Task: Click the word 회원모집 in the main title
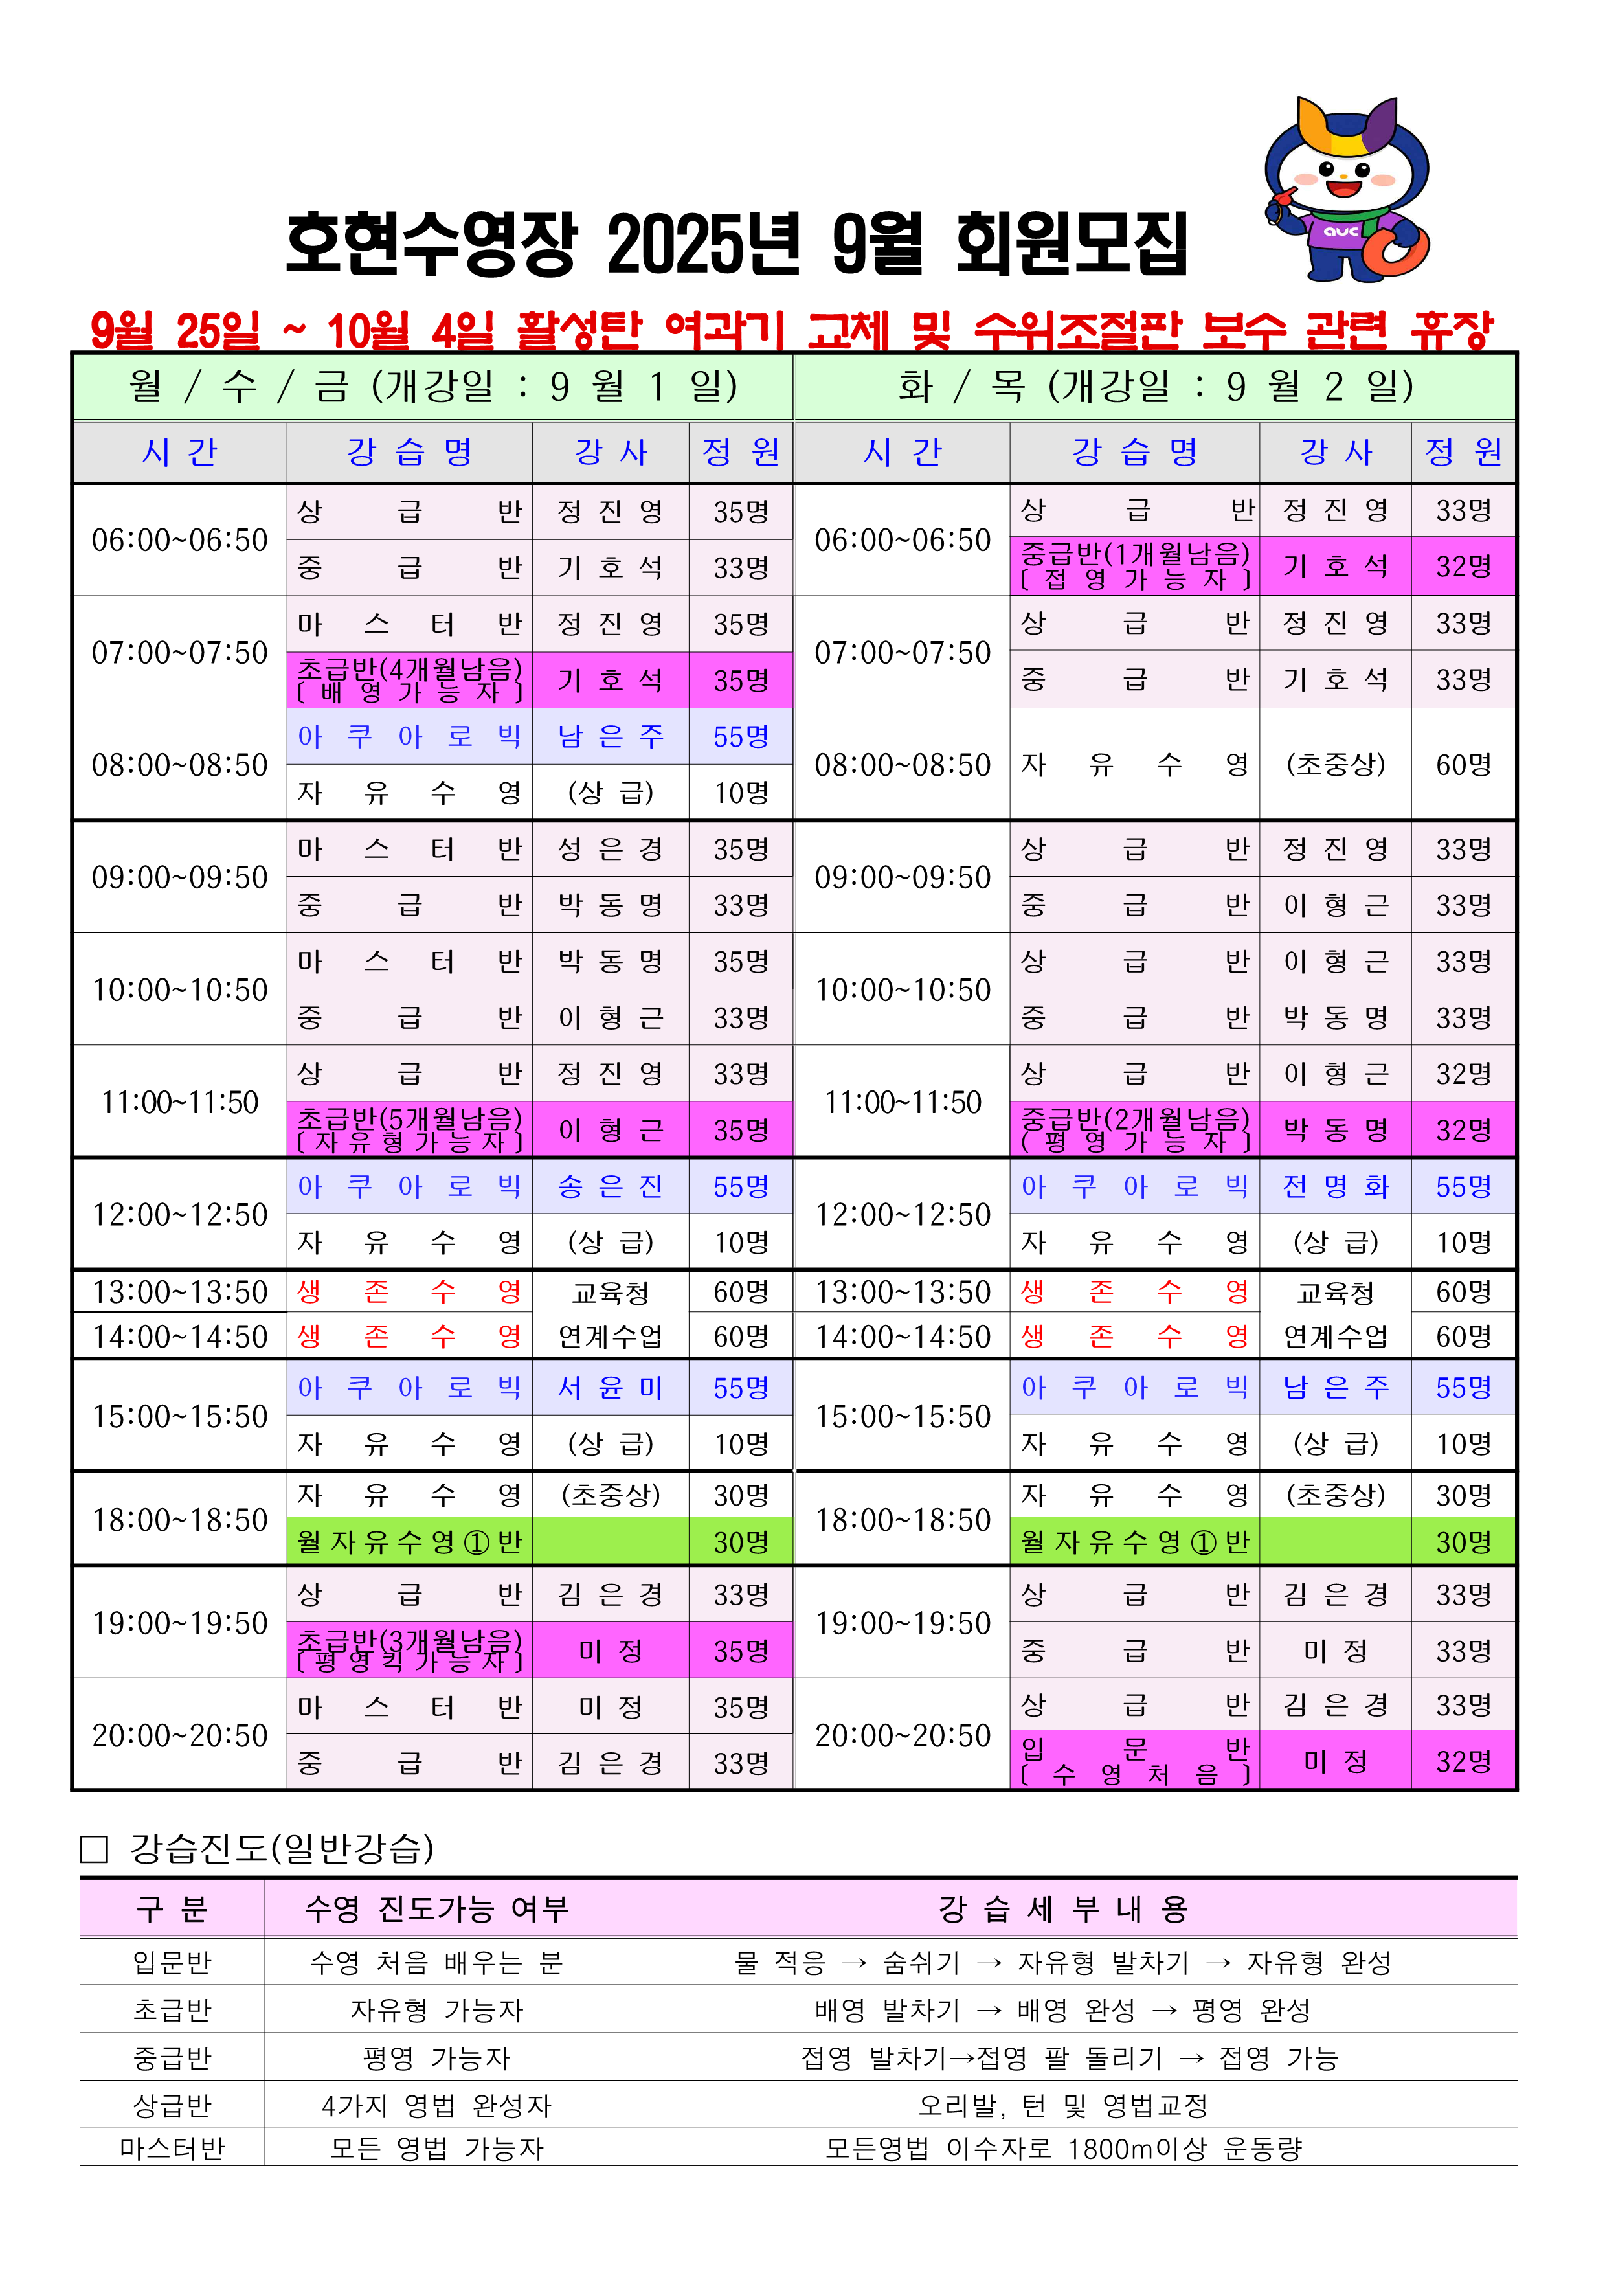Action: pos(1072,244)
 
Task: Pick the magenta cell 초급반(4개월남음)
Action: pos(409,680)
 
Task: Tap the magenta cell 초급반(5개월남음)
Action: pos(409,1129)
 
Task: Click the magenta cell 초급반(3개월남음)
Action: pos(409,1651)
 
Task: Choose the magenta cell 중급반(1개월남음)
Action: pos(1134,566)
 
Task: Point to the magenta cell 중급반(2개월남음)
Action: pos(1134,1129)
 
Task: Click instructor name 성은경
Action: pos(611,849)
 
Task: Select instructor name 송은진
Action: pos(611,1186)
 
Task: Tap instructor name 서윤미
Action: pos(611,1388)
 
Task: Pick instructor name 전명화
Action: pos(1335,1186)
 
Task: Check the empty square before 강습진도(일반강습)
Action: pos(94,1849)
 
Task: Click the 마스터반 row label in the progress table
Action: pos(172,2149)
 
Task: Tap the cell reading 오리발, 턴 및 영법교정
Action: pos(1062,2105)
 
